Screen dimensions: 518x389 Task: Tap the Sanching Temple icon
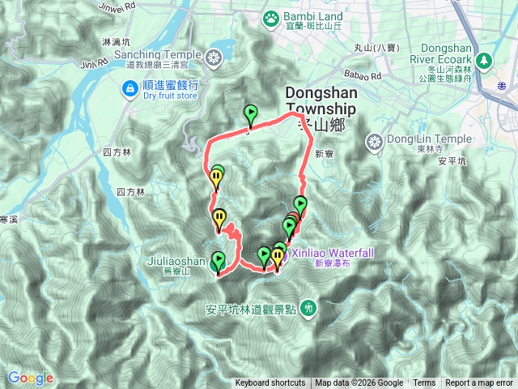pos(214,57)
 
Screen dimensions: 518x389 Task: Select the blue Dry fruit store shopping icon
pos(129,88)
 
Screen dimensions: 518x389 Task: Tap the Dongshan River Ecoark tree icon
pos(484,60)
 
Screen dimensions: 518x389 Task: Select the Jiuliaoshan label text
pos(177,262)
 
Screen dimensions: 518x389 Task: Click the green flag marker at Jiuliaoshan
pos(218,261)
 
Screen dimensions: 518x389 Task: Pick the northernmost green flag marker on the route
pos(251,114)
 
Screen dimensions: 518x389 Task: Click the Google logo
pos(30,378)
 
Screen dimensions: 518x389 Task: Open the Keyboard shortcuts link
pos(270,383)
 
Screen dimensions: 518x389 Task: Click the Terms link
pos(424,383)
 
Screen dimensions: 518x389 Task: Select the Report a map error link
pos(479,383)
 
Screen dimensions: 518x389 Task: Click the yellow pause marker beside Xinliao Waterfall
pos(278,258)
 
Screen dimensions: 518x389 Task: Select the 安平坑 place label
pos(452,160)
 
